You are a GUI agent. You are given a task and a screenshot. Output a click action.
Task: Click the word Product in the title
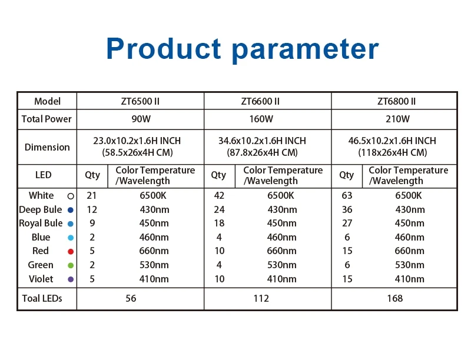(164, 48)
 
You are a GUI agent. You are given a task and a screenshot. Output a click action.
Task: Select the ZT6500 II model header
(140, 101)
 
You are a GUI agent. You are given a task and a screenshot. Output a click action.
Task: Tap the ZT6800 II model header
(396, 101)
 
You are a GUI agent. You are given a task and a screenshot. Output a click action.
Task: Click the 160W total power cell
(261, 119)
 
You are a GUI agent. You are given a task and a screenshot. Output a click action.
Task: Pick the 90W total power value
(141, 119)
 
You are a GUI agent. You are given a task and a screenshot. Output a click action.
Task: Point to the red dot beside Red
(71, 251)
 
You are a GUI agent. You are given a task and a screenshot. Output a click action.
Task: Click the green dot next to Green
(71, 265)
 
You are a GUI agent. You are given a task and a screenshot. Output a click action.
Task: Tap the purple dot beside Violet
(71, 279)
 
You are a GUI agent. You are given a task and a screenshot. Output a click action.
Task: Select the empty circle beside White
(71, 196)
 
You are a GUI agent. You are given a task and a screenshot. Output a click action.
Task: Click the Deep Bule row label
(40, 209)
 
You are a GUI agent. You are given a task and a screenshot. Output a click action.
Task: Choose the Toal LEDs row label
(42, 298)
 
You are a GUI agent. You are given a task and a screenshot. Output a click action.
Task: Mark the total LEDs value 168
(394, 298)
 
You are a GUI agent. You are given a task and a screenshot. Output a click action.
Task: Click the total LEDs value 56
(131, 298)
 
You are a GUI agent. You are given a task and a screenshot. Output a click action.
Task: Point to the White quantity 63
(347, 196)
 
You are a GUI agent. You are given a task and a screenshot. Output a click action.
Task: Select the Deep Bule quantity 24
(219, 209)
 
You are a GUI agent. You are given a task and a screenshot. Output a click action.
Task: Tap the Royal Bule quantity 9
(92, 223)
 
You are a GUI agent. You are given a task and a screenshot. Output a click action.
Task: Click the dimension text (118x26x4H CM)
(392, 152)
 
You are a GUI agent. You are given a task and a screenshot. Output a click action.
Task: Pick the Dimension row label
(47, 147)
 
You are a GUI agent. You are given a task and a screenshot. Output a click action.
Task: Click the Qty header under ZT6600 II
(218, 175)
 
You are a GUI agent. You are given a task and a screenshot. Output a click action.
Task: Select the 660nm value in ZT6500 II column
(154, 251)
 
